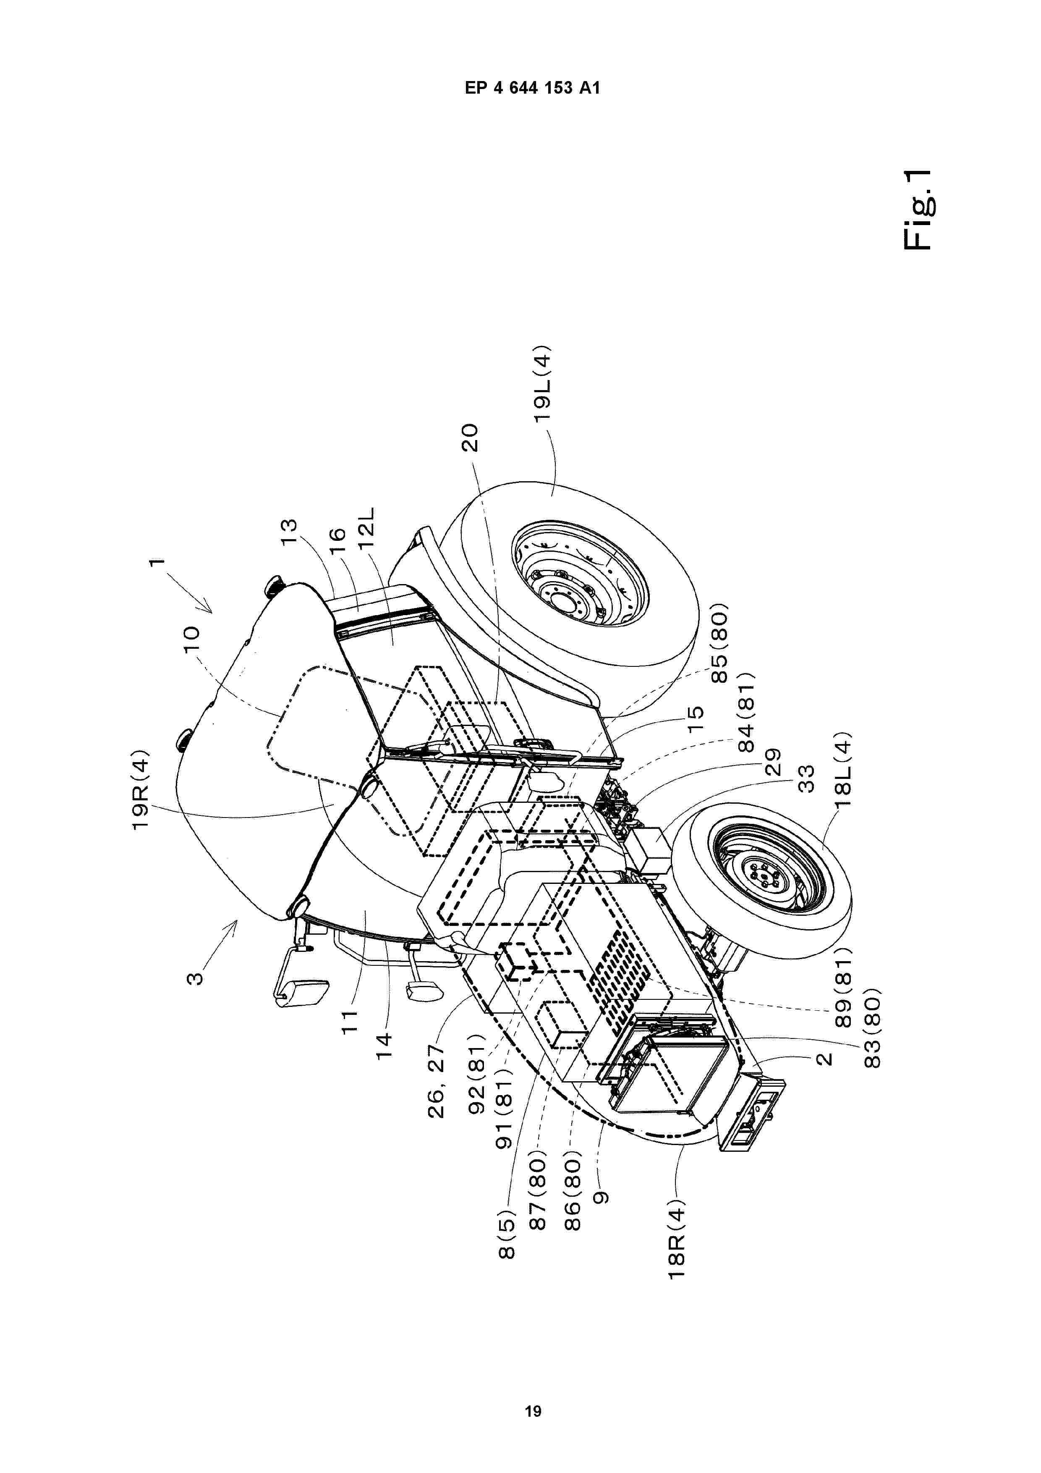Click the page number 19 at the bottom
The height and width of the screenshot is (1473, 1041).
coord(532,1388)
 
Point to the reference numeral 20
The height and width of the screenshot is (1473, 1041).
coord(471,438)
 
